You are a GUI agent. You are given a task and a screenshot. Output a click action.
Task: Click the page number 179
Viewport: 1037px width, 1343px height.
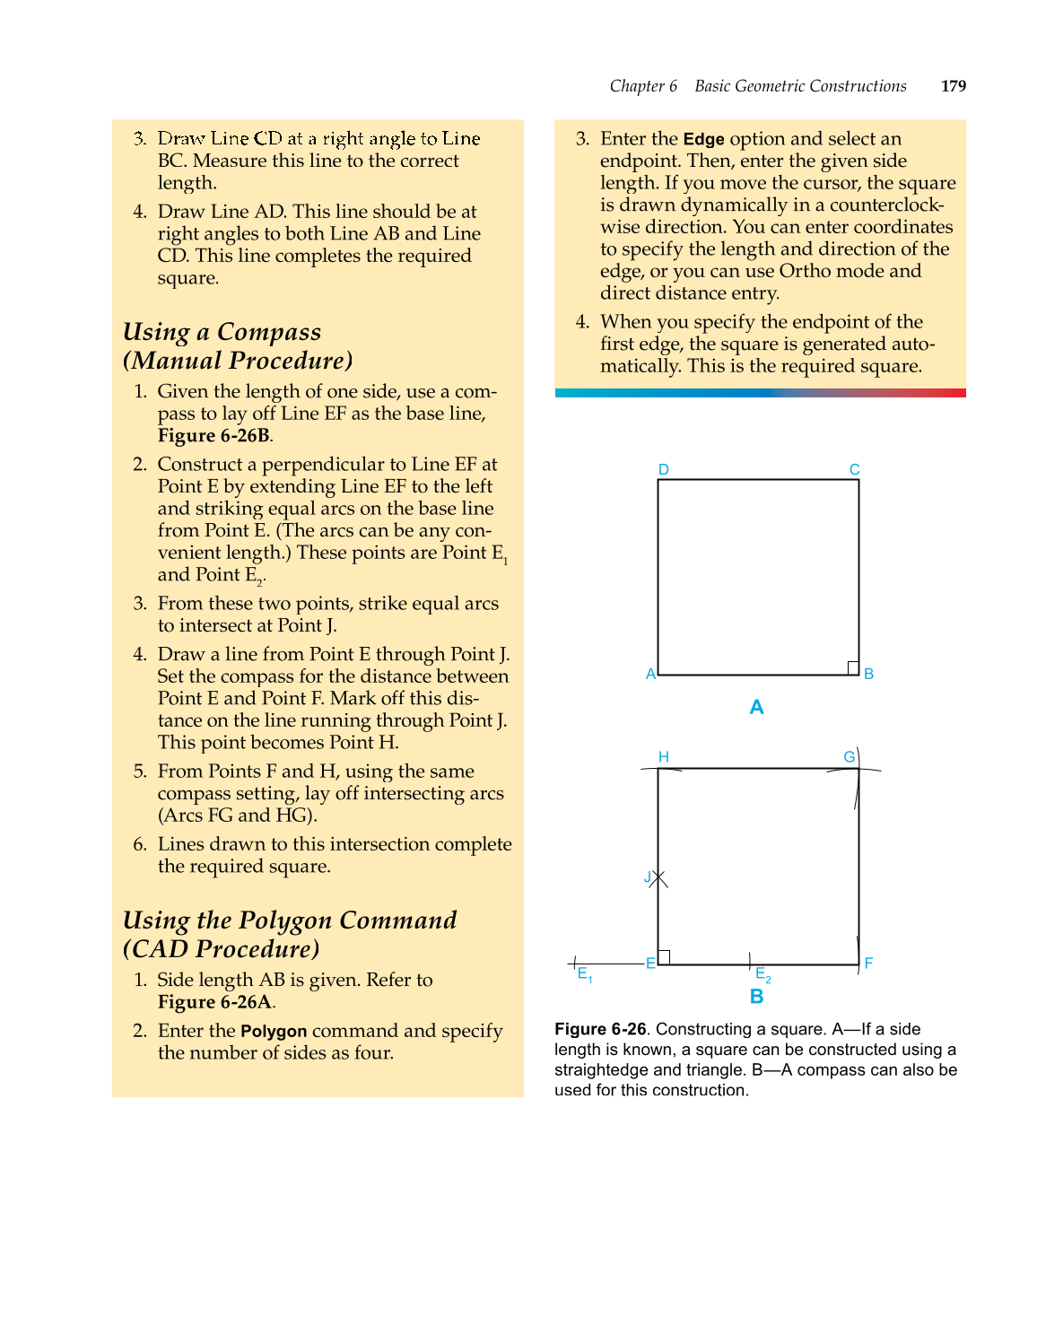(x=953, y=86)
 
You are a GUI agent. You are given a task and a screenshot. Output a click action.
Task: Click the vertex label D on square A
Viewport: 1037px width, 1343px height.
(x=663, y=469)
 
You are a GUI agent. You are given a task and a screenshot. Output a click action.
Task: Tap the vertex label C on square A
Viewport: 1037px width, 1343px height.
(x=854, y=469)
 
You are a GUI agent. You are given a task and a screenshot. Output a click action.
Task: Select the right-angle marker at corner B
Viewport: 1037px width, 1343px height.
(x=853, y=667)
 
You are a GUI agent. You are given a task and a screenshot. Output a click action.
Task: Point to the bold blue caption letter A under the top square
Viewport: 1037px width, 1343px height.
(x=756, y=707)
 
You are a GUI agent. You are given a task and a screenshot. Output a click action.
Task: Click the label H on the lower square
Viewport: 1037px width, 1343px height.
(x=663, y=756)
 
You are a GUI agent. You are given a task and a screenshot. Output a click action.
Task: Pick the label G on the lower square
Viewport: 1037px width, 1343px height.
(x=849, y=756)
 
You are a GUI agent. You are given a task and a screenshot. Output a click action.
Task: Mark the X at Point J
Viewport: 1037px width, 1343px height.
(x=658, y=878)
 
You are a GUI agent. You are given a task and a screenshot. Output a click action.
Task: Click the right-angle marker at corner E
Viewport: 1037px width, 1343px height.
(x=665, y=957)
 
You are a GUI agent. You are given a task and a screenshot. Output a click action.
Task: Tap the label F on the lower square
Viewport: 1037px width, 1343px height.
(x=868, y=963)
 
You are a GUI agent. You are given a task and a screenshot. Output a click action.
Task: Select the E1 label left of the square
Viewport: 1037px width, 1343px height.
(x=584, y=974)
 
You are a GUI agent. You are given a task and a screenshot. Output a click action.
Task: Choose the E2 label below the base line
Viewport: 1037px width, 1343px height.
(x=762, y=974)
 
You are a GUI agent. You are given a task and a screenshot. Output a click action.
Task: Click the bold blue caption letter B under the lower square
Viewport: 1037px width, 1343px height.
(x=756, y=996)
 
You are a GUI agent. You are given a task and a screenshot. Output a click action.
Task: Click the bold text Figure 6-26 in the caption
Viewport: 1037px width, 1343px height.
(x=599, y=1029)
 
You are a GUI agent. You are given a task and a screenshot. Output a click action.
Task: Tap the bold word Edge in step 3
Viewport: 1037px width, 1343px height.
(x=703, y=139)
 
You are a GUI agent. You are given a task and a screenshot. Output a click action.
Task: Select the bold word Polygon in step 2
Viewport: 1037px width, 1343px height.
(x=274, y=1031)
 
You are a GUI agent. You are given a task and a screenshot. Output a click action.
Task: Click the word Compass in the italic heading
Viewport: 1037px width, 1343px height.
(x=269, y=332)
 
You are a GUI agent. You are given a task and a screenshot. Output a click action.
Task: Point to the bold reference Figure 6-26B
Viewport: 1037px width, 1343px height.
(x=213, y=436)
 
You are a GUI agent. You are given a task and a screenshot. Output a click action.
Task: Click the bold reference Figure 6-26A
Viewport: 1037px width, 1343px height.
(x=214, y=1002)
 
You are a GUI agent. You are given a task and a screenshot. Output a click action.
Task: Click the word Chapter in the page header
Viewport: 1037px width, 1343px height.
(x=636, y=86)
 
